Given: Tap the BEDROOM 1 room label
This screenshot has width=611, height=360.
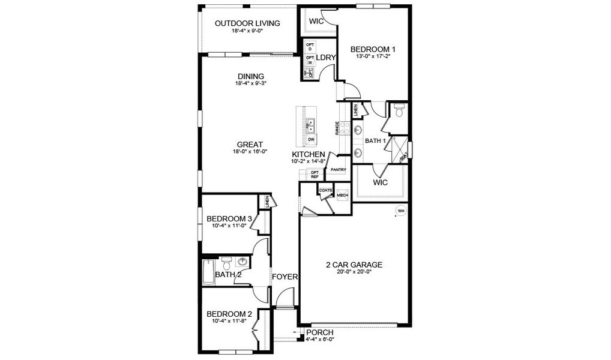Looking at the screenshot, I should click(x=373, y=49).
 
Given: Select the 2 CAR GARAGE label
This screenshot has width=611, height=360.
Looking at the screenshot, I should click(x=354, y=264).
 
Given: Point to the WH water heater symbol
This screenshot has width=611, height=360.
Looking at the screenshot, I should click(x=401, y=211).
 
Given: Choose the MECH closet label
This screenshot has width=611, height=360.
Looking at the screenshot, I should click(x=342, y=196).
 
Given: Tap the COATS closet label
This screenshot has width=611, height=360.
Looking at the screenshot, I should click(x=326, y=190).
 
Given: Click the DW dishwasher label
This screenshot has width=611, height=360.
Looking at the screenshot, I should click(x=311, y=140).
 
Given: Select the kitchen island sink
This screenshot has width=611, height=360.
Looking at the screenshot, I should click(x=312, y=125).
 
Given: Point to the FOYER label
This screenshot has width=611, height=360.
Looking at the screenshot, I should click(x=285, y=277).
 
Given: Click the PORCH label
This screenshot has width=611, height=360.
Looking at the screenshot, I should click(x=319, y=333).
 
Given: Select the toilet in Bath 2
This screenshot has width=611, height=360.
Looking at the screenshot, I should click(x=227, y=263).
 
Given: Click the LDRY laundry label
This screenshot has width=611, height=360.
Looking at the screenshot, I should click(x=325, y=58).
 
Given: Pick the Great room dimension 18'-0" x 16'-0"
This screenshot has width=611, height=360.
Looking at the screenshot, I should click(x=250, y=152).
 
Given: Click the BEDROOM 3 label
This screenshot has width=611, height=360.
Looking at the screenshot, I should click(x=229, y=218).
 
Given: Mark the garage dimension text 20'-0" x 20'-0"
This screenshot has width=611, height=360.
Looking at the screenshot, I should click(x=354, y=272).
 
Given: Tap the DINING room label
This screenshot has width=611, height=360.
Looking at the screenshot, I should click(x=250, y=76).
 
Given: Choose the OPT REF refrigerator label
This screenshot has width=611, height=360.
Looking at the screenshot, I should click(x=315, y=175).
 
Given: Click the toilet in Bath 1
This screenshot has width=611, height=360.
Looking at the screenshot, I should click(x=399, y=110).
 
